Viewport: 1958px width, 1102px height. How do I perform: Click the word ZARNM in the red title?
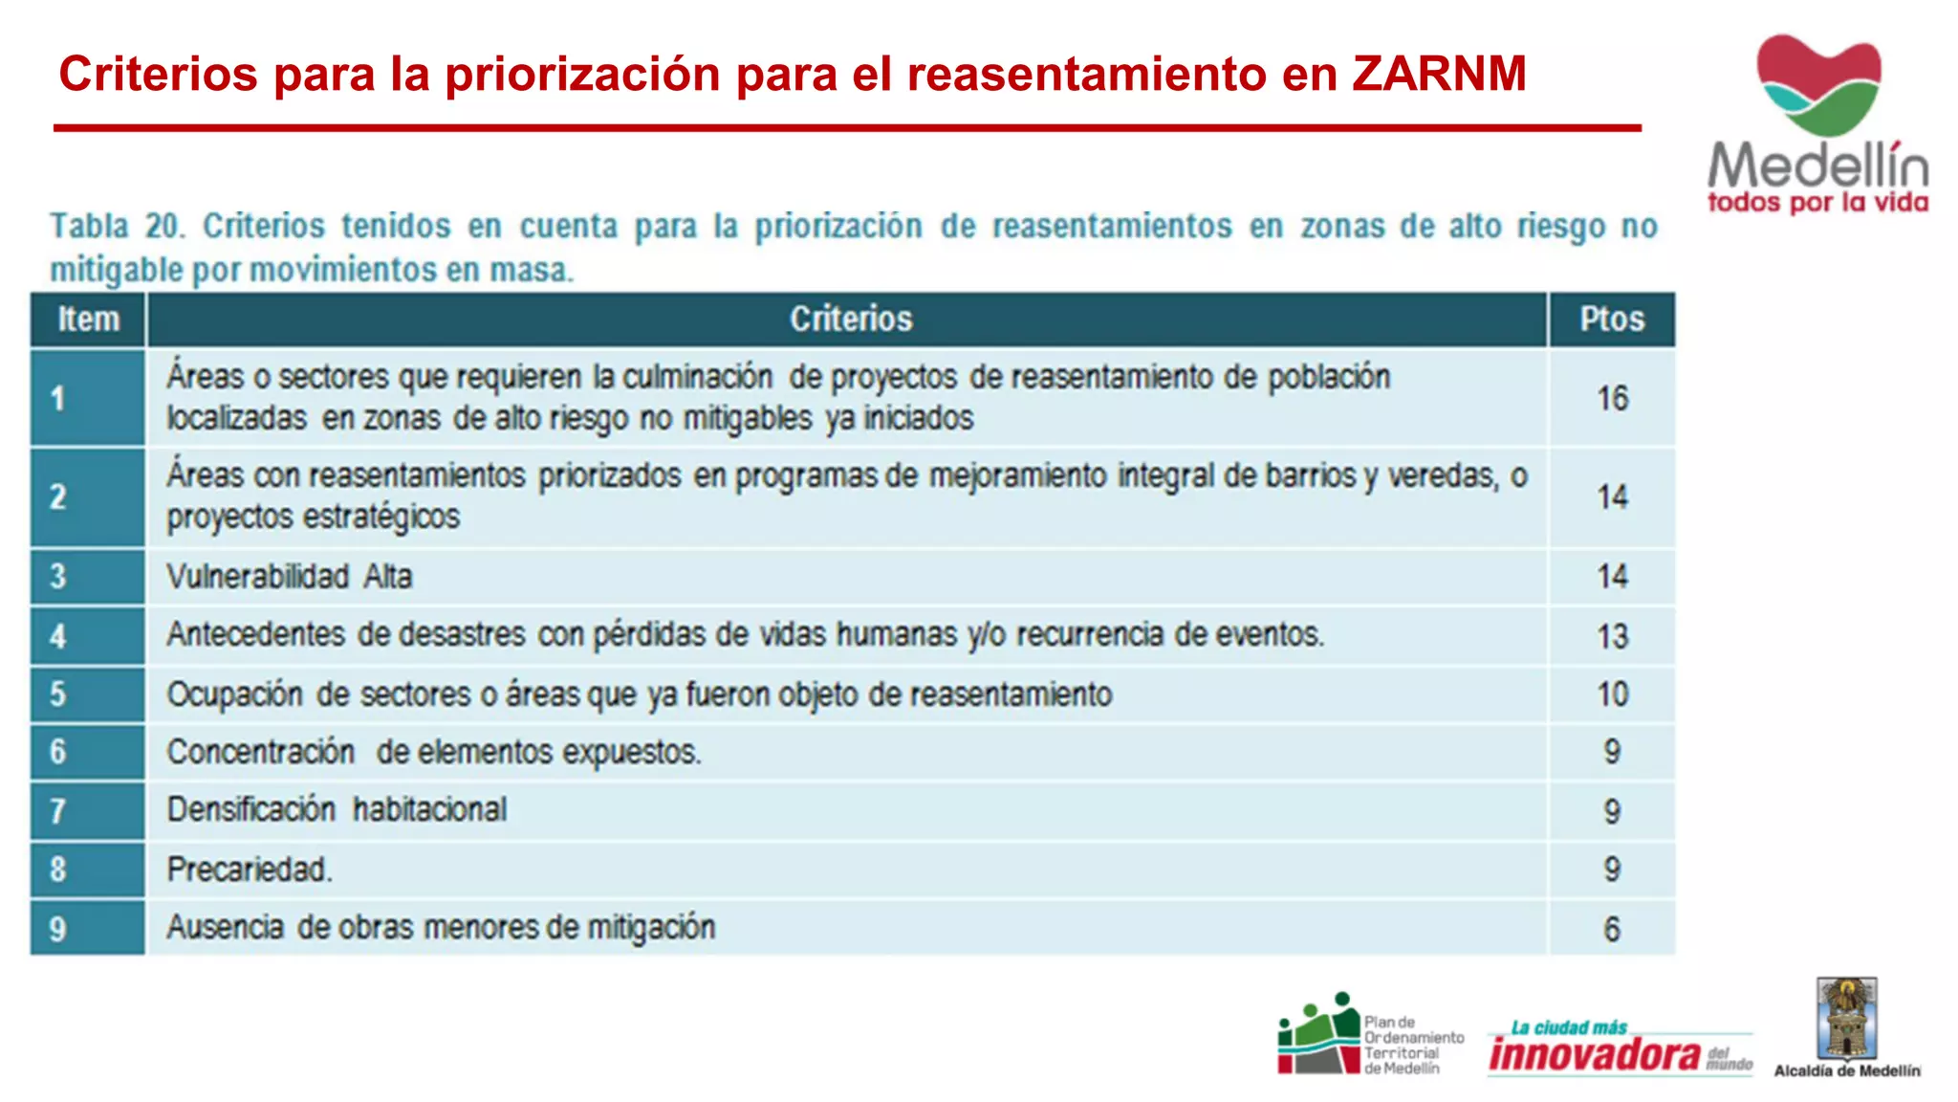click(x=1439, y=75)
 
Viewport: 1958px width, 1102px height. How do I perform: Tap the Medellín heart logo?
click(x=1817, y=84)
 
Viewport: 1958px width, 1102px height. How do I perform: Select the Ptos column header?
click(x=1612, y=320)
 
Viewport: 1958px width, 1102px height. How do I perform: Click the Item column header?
click(x=89, y=320)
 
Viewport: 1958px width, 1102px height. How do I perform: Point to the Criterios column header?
click(x=851, y=320)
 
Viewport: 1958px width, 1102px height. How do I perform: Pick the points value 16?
click(x=1612, y=398)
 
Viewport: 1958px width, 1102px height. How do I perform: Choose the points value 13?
click(x=1612, y=636)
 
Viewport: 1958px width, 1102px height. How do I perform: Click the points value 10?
click(x=1612, y=694)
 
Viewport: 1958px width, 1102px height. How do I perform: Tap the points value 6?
click(x=1612, y=929)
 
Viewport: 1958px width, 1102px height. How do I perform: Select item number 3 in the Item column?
click(x=58, y=577)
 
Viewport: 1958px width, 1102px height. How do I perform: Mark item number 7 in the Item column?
click(x=58, y=811)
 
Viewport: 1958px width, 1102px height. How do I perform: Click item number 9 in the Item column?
click(x=58, y=929)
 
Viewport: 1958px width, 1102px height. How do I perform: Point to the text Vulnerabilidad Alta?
click(x=289, y=577)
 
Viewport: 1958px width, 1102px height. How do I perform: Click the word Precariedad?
click(x=250, y=870)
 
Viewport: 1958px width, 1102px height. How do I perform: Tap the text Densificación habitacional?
click(x=337, y=810)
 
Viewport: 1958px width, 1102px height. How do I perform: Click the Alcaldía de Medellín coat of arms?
click(x=1846, y=1018)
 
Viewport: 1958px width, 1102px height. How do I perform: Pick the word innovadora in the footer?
click(x=1595, y=1054)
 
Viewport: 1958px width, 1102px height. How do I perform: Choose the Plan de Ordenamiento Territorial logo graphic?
click(x=1319, y=1035)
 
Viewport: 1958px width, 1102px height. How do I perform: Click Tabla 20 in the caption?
click(x=117, y=227)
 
